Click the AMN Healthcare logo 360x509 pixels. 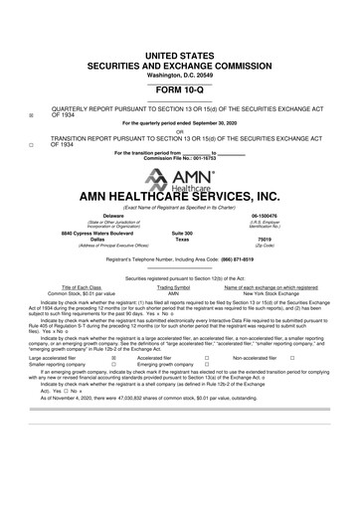tap(179, 183)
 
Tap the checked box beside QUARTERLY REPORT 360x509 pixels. tap(31, 115)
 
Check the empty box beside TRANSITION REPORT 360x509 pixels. tap(31, 143)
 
